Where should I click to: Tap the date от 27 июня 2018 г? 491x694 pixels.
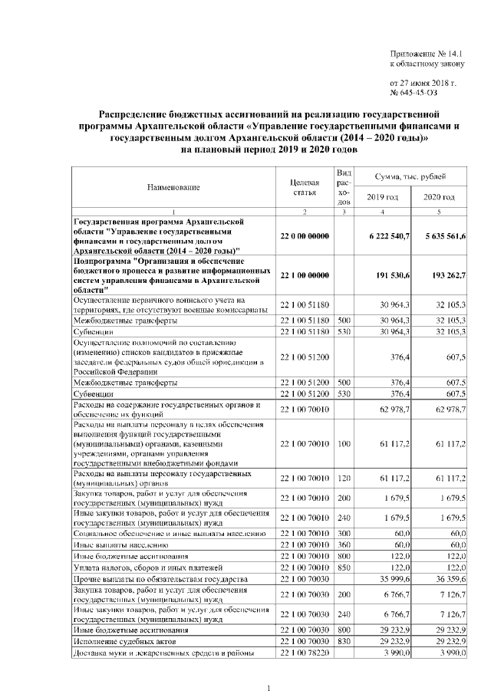click(423, 83)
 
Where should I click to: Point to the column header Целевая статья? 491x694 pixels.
click(305, 189)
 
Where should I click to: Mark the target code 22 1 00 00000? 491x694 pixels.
click(305, 275)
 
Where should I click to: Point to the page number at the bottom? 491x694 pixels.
click(269, 688)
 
